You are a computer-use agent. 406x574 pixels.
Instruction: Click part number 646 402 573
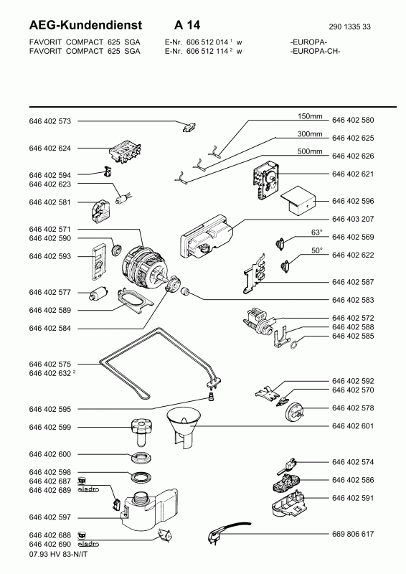pos(49,121)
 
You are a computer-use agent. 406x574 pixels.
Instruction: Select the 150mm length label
pos(310,116)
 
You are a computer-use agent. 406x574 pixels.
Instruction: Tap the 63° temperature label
pos(316,232)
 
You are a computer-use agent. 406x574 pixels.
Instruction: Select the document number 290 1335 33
pos(349,27)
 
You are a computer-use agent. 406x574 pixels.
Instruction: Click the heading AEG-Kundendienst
pos(85,25)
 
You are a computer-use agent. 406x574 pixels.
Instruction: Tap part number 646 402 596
pos(353,201)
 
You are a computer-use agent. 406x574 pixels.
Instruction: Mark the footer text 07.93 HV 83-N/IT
pos(59,554)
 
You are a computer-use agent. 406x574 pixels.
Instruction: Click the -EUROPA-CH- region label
pos(315,51)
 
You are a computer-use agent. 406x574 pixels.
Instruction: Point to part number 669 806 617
pos(353,534)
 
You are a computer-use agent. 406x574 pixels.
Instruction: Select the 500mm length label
pos(310,151)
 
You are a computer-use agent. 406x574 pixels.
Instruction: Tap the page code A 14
pos(187,25)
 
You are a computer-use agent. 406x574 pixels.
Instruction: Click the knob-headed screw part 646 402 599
pos(141,433)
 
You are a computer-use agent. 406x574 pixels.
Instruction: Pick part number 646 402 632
pos(49,373)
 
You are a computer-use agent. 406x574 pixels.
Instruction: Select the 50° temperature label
pos(316,250)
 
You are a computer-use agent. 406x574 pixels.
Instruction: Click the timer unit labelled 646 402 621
pos(265,182)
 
